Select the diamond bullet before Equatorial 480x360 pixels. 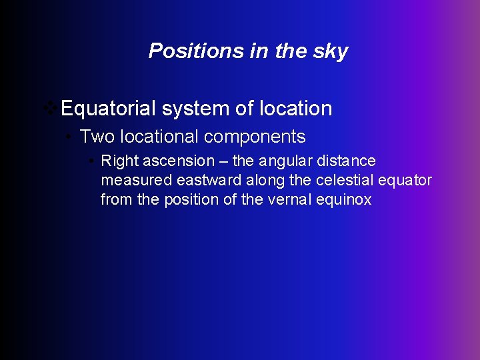click(x=49, y=107)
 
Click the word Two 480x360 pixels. click(x=96, y=137)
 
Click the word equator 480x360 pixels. click(x=405, y=181)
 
